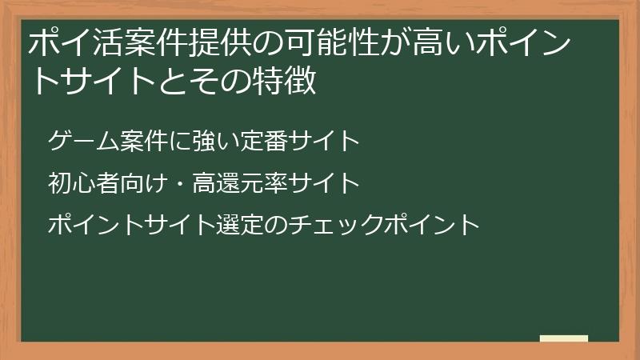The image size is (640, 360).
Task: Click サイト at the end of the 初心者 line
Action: (323, 184)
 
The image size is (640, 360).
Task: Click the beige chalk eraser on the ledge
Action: (564, 338)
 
